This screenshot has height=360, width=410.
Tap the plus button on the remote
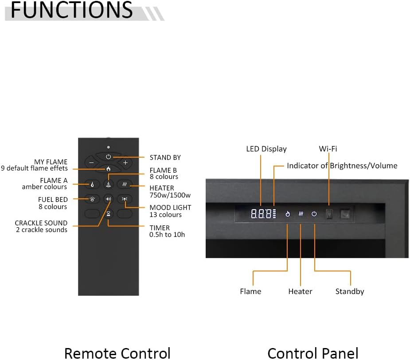(125, 163)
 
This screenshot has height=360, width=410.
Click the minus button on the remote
(91, 163)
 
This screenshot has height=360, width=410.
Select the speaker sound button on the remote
(109, 199)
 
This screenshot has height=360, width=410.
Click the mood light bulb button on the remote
(125, 199)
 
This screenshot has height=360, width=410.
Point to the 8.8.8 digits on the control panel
(261, 214)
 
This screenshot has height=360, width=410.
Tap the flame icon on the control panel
(287, 214)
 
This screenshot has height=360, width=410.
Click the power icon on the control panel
(314, 214)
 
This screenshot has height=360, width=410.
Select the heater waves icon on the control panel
(301, 214)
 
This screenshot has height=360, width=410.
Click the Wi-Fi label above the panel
(328, 149)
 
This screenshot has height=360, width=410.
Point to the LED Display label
(266, 149)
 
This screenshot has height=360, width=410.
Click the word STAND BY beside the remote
(165, 157)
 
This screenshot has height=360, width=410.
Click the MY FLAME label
(51, 162)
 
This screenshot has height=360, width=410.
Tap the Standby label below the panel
(350, 291)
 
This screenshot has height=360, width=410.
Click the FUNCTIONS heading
(71, 10)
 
